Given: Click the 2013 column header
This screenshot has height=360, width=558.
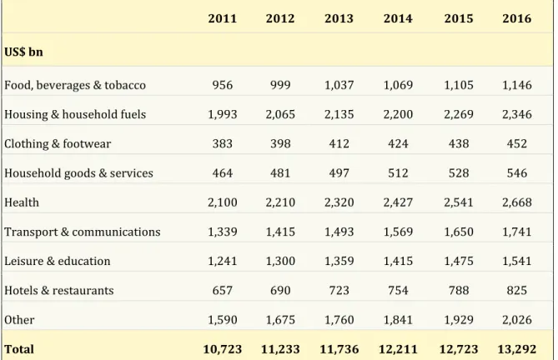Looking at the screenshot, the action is (x=339, y=18).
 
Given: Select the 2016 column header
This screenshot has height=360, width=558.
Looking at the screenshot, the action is (x=517, y=18).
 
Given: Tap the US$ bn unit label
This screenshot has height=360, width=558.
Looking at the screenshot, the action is (x=23, y=52).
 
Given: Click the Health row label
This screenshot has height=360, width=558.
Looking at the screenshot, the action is (x=22, y=202).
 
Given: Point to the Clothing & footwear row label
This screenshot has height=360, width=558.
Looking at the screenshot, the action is (x=58, y=143).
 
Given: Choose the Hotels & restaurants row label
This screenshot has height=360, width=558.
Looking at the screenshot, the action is (x=59, y=290).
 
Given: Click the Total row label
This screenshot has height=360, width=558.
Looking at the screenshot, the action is (x=19, y=349).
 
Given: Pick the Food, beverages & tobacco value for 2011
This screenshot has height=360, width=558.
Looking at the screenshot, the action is (x=223, y=85).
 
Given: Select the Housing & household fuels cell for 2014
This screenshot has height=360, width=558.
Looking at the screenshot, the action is (x=398, y=114).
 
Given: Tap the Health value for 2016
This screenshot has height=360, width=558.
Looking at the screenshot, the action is (x=517, y=202).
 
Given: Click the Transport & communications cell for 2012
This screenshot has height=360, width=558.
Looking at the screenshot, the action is (x=280, y=232).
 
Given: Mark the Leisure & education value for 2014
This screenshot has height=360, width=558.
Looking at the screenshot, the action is (x=398, y=261).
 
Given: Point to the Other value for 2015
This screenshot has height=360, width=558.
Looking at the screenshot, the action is (x=459, y=320).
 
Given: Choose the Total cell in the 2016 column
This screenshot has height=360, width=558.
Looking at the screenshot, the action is (x=517, y=349).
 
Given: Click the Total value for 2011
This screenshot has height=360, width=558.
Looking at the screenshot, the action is (x=223, y=349).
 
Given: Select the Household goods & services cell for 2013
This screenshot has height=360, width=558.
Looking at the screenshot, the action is (x=339, y=173).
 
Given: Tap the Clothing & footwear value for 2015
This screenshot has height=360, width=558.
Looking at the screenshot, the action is (x=459, y=143).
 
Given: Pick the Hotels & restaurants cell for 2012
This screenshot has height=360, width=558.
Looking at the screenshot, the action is (x=280, y=290).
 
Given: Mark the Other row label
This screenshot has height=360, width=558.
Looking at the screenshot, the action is (x=19, y=320).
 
